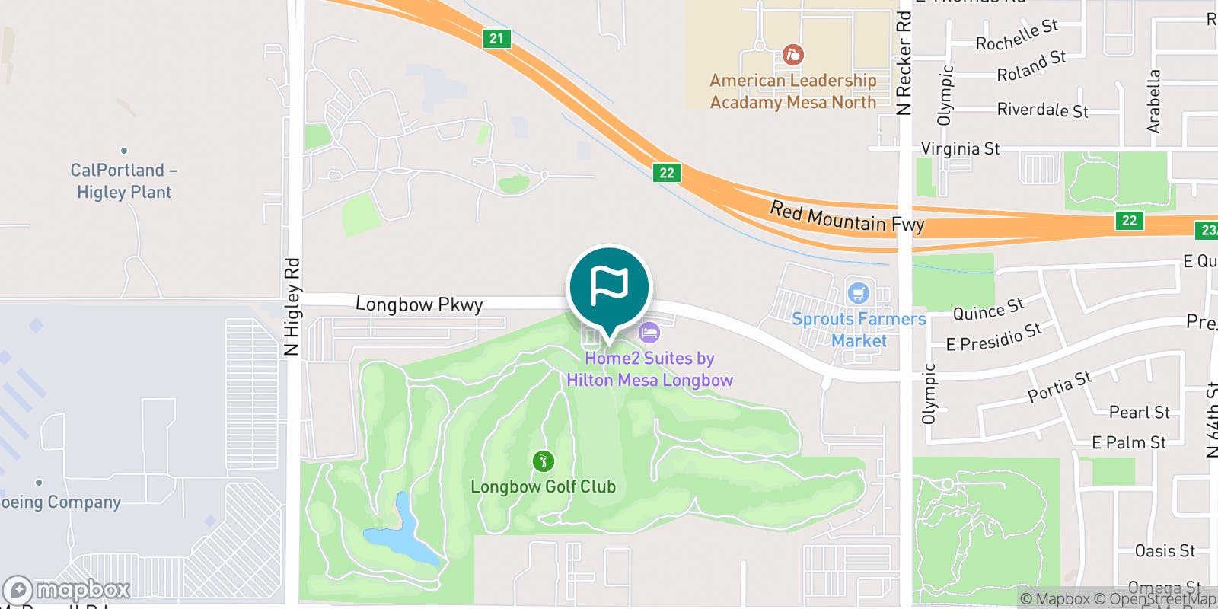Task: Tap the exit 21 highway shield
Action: coord(496,38)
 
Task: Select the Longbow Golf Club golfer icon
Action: coord(543,461)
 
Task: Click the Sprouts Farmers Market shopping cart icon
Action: coord(858,293)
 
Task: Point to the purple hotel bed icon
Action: coord(649,333)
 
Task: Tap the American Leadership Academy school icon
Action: coord(792,55)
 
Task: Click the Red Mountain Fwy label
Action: coord(847,217)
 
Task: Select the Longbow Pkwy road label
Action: coord(419,304)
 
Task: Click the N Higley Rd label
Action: coord(292,307)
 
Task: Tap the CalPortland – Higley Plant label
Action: coord(123,180)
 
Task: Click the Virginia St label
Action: coord(960,148)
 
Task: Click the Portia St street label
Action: coord(1059,387)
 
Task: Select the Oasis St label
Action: coord(1164,550)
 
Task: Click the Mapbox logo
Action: coord(67,590)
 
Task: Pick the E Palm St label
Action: coord(1128,442)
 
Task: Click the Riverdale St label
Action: coord(1042,110)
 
